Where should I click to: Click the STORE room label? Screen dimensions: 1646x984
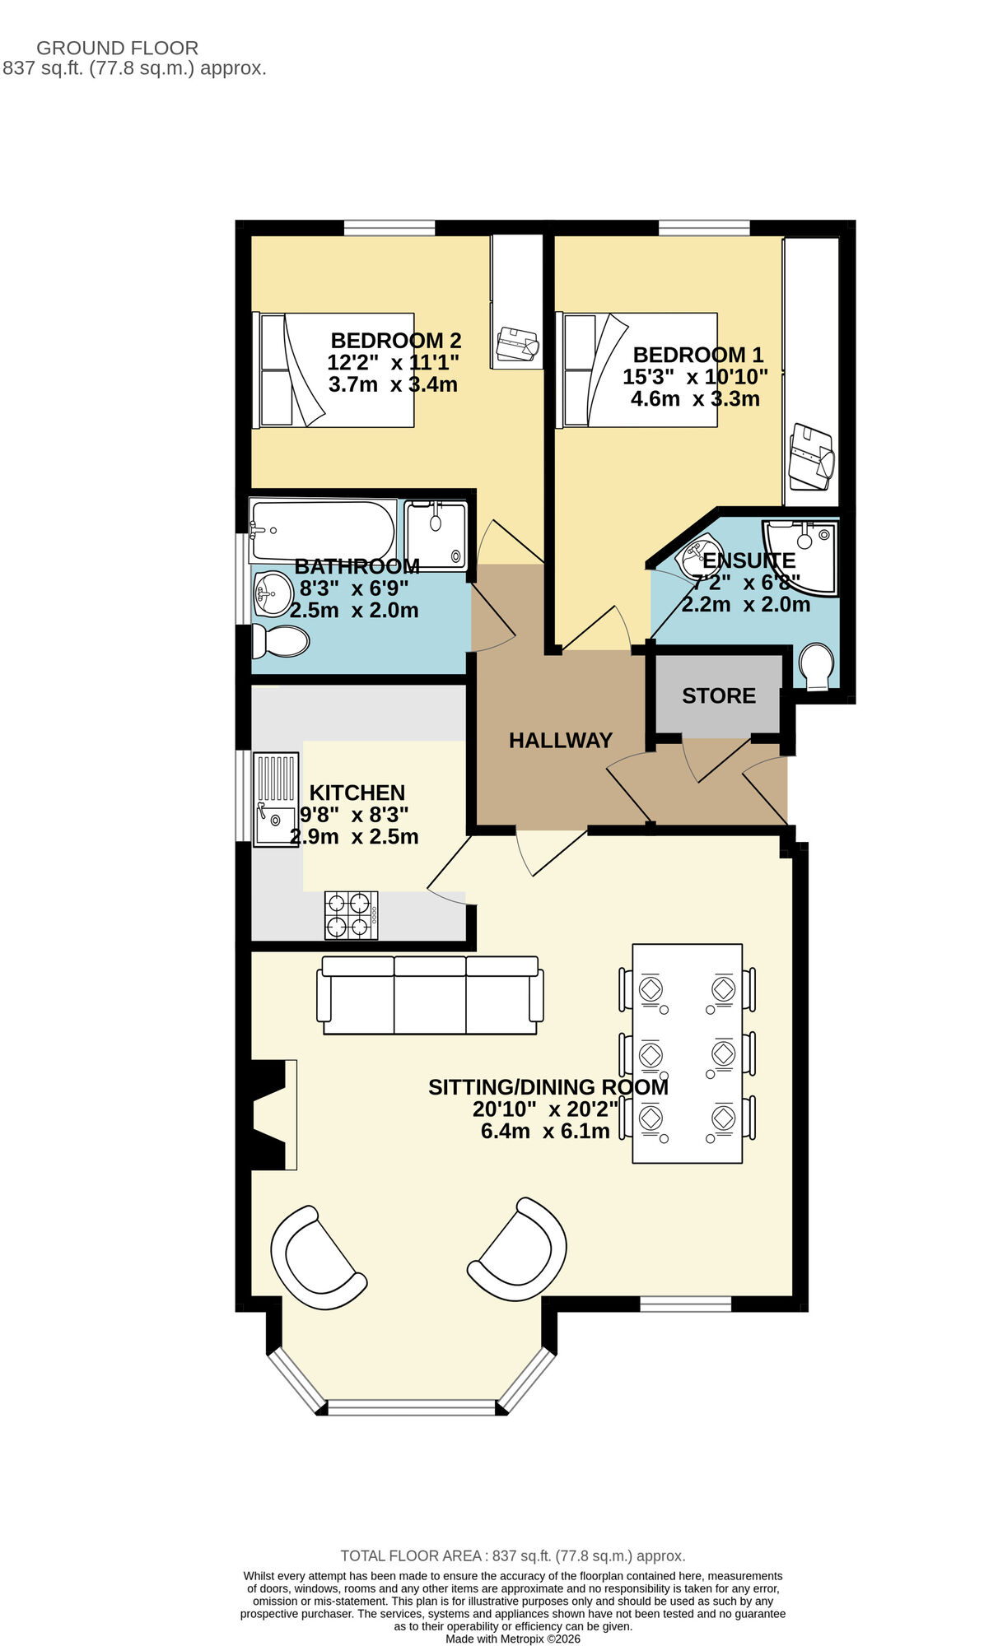[718, 696]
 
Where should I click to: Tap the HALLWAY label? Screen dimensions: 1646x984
[560, 741]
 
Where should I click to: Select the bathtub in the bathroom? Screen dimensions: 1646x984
[322, 531]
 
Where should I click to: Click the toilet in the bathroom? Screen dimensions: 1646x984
[280, 641]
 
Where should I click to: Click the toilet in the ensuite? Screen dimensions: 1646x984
[816, 665]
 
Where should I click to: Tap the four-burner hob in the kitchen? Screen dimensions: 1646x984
[352, 915]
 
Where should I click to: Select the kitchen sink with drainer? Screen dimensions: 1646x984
[275, 799]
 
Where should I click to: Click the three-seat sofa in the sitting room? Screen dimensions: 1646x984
[430, 995]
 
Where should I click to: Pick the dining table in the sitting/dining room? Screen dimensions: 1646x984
[687, 1053]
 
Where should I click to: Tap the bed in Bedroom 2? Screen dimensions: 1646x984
[333, 370]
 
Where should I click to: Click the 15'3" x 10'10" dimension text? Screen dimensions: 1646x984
[695, 377]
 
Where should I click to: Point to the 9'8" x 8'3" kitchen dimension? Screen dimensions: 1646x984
[354, 815]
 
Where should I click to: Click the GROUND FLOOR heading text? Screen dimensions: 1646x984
[117, 48]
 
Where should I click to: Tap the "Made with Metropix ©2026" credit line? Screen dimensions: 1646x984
[513, 1638]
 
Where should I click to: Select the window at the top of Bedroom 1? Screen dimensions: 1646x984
[704, 227]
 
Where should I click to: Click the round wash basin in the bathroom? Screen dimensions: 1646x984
[273, 593]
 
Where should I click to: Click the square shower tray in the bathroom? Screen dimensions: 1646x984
[436, 534]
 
